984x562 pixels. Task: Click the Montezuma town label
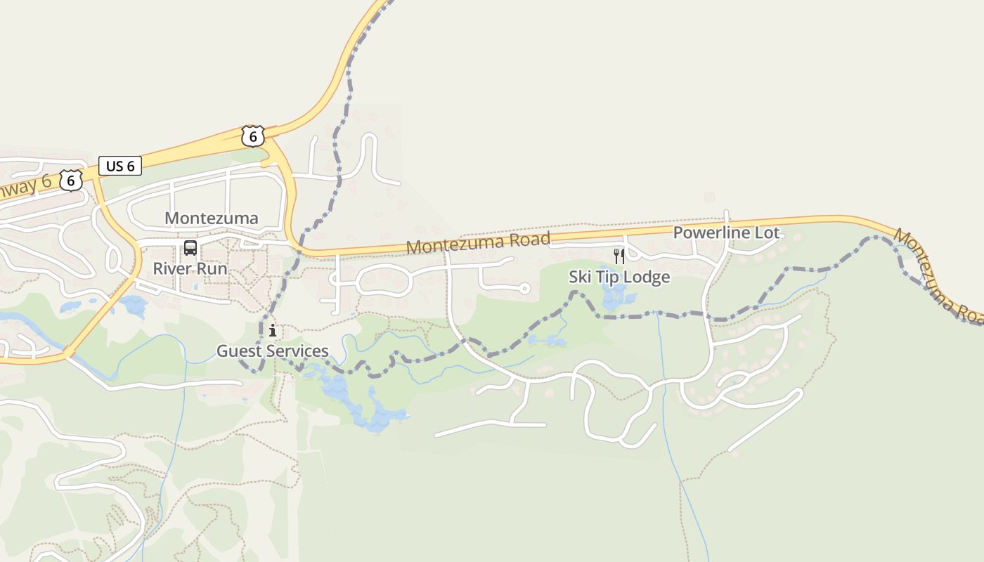(212, 218)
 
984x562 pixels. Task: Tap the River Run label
(190, 268)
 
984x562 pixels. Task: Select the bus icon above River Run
(190, 247)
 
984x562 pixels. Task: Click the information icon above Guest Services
(273, 330)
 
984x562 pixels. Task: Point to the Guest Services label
(272, 351)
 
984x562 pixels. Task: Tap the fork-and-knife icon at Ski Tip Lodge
(619, 256)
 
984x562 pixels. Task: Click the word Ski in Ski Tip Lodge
(581, 277)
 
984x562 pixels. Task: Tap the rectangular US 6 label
(120, 166)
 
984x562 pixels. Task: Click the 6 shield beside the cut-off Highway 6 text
(70, 181)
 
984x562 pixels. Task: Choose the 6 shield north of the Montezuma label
(252, 136)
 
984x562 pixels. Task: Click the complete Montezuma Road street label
(478, 243)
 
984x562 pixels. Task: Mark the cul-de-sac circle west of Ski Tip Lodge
(524, 288)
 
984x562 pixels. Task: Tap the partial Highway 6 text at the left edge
(25, 187)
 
